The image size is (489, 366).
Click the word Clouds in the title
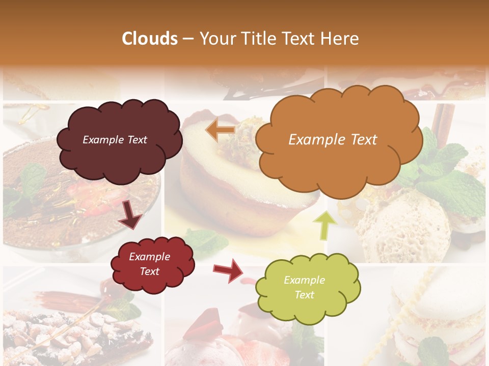[150, 39]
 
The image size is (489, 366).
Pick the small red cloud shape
[152, 265]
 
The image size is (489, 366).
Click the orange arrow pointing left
[220, 130]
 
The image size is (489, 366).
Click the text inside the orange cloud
[333, 140]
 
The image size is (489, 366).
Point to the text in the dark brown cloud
[115, 140]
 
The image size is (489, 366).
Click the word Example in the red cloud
[149, 257]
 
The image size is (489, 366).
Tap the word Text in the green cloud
[305, 295]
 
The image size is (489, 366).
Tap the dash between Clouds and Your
[188, 39]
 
